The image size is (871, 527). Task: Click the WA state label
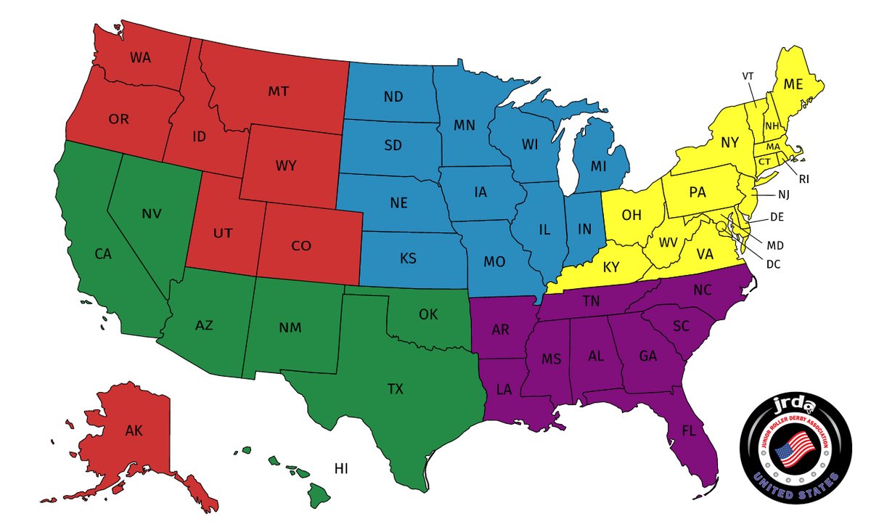(x=141, y=57)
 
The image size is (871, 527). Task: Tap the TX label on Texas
(x=395, y=389)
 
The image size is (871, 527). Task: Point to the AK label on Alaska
(x=134, y=431)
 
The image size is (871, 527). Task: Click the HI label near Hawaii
(x=341, y=469)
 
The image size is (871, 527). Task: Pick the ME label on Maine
(x=793, y=84)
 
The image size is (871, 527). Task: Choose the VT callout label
(x=748, y=75)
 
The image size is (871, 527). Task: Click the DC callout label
(x=773, y=264)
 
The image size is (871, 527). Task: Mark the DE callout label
(x=777, y=216)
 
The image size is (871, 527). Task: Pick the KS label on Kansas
(x=408, y=258)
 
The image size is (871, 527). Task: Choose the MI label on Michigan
(x=598, y=166)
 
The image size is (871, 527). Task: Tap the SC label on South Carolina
(x=680, y=326)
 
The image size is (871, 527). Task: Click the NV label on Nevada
(x=151, y=213)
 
